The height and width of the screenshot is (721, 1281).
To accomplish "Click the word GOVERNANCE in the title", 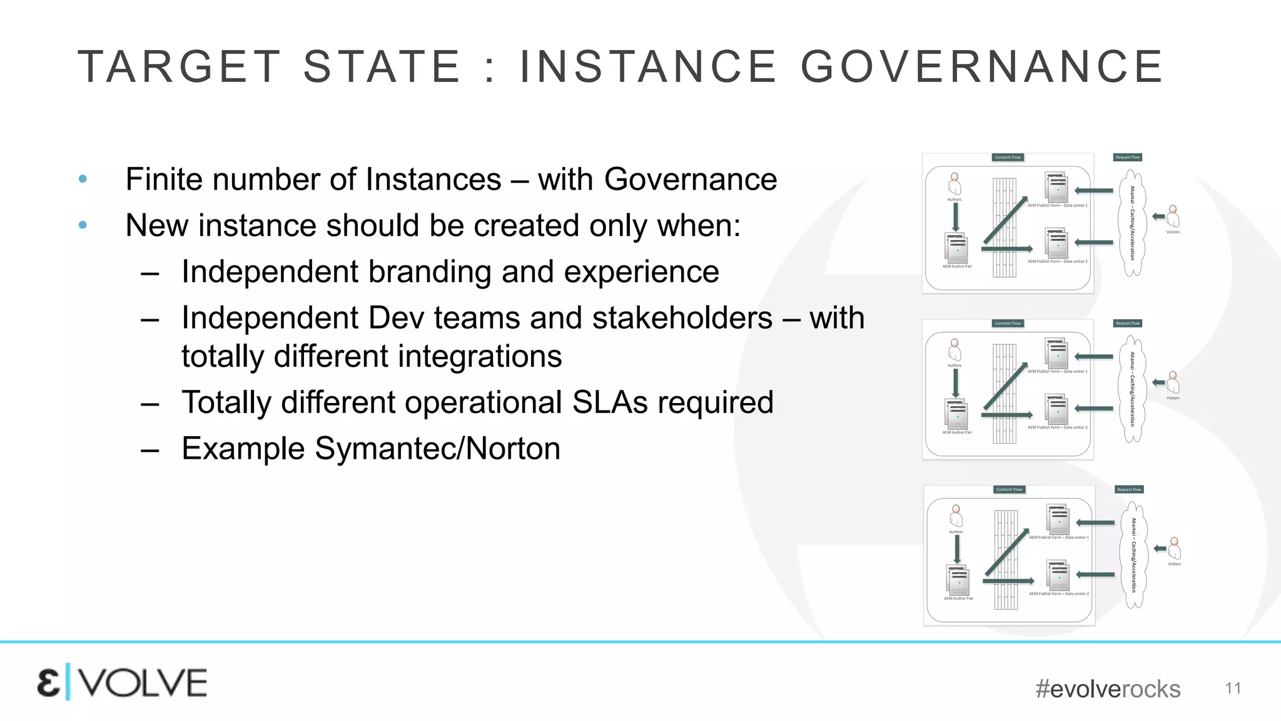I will click(x=982, y=66).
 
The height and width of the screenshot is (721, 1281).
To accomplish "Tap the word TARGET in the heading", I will click(x=180, y=66).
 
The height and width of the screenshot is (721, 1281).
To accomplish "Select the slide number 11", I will click(x=1233, y=688).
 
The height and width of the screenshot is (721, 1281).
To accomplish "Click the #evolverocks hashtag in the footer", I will click(x=1108, y=689).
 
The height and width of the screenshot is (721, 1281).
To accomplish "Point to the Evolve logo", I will click(x=122, y=682).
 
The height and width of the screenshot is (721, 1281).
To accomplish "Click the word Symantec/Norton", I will click(x=437, y=449).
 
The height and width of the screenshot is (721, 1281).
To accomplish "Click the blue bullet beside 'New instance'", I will click(x=83, y=225).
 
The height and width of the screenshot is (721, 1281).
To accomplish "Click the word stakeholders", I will click(x=682, y=318).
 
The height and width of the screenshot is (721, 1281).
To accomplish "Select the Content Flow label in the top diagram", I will click(x=1008, y=158).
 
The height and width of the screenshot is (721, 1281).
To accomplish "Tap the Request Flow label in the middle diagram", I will click(x=1127, y=324).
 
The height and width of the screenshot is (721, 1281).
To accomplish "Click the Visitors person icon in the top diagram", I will click(x=1173, y=217).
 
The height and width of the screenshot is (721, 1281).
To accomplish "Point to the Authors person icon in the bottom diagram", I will click(x=956, y=516).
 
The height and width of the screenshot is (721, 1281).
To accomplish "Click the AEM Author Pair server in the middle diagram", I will click(x=957, y=414).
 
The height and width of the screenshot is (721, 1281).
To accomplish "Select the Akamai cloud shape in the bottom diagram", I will click(x=1133, y=555).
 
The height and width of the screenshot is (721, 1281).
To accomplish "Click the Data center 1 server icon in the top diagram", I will click(x=1056, y=187).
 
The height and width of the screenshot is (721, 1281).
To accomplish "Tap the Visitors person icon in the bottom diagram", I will click(x=1175, y=549).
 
